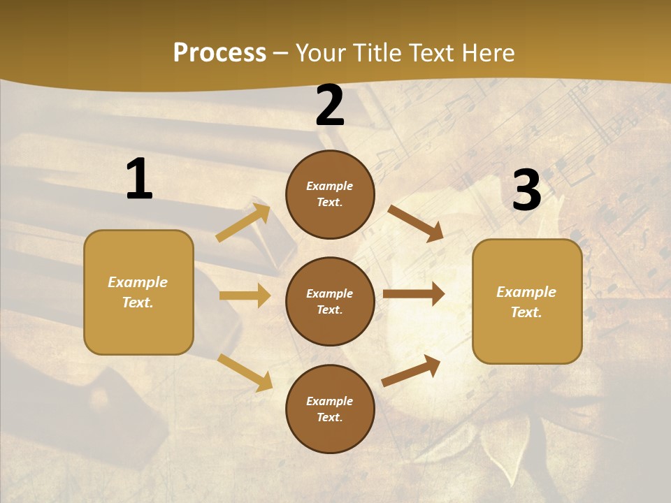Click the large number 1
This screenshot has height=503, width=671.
click(x=139, y=180)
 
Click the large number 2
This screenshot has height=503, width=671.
click(x=330, y=105)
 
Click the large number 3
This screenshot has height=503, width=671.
click(x=526, y=190)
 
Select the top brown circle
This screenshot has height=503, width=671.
click(x=330, y=194)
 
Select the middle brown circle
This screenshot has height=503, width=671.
click(x=330, y=301)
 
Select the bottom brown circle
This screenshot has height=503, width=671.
click(x=330, y=409)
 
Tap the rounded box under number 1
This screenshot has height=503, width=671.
click(x=138, y=292)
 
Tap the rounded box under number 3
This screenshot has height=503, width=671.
click(x=527, y=301)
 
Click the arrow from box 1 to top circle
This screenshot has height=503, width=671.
click(x=243, y=223)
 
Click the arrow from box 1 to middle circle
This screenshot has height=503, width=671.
click(x=245, y=296)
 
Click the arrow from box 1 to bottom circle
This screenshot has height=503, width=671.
click(x=245, y=372)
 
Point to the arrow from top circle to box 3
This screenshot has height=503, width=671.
click(x=416, y=224)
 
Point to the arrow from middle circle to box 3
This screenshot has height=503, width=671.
click(x=414, y=294)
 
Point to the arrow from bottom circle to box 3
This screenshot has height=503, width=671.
click(x=411, y=371)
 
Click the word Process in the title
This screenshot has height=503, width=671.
click(x=219, y=53)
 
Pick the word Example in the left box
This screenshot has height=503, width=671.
click(x=138, y=282)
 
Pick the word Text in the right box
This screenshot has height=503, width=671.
click(x=526, y=312)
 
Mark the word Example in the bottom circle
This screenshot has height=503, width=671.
click(x=329, y=401)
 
